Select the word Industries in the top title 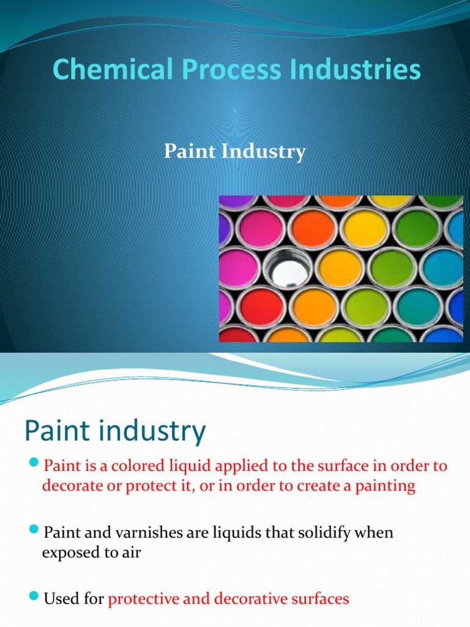click(x=360, y=70)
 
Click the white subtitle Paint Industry click(x=234, y=151)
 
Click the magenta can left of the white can click(x=238, y=268)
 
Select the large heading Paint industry click(x=115, y=432)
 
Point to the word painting click(x=382, y=486)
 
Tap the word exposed click(x=70, y=552)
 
